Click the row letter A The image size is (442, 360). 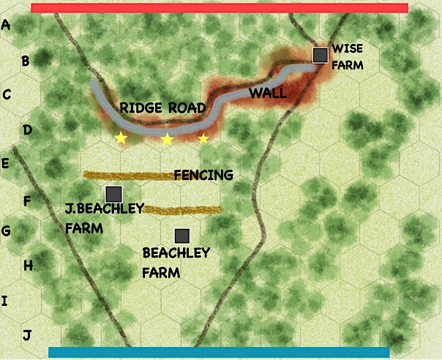[7, 25]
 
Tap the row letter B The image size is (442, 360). [25, 61]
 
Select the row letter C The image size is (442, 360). [7, 95]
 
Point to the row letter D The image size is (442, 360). [26, 130]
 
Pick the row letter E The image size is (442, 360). [6, 163]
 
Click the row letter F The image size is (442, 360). [26, 199]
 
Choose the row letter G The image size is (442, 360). [7, 232]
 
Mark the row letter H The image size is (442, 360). [28, 266]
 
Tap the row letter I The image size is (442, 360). [5, 301]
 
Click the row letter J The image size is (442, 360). [27, 336]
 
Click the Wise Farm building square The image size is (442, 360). [320, 55]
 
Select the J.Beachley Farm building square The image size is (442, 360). [113, 194]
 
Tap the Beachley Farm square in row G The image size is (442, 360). [182, 236]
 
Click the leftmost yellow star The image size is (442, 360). [121, 138]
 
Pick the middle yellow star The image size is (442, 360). [168, 138]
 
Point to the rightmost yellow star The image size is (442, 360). [203, 138]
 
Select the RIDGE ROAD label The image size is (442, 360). [162, 108]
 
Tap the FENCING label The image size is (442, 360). [203, 175]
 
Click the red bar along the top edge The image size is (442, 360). [220, 8]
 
